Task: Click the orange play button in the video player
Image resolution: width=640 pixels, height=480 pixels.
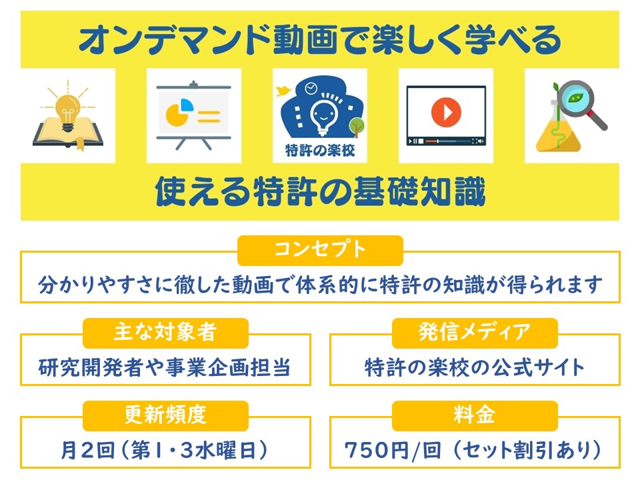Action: coord(446,112)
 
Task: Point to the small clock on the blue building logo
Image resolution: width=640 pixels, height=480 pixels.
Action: coord(311,88)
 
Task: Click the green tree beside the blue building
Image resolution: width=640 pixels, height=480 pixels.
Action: coord(356,127)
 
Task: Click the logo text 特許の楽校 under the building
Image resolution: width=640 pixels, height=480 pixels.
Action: coord(320,150)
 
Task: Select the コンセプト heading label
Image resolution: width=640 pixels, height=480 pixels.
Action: coord(321,250)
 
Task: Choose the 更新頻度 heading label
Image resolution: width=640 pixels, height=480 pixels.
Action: coord(165,415)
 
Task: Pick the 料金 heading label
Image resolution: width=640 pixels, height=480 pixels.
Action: coord(475,415)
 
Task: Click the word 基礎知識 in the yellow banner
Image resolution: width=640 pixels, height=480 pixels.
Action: coord(419,191)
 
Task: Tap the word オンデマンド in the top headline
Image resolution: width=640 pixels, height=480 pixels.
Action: coord(175,39)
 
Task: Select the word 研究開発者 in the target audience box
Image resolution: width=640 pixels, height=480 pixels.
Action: coord(91,367)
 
